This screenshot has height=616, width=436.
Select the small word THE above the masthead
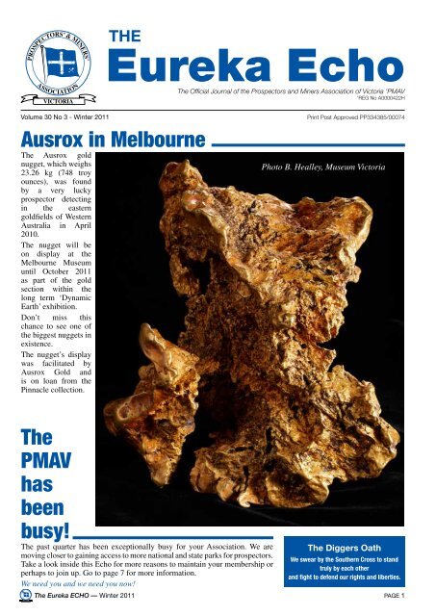pyautogui.click(x=126, y=36)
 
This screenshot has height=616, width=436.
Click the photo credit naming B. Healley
pyautogui.click(x=328, y=167)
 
